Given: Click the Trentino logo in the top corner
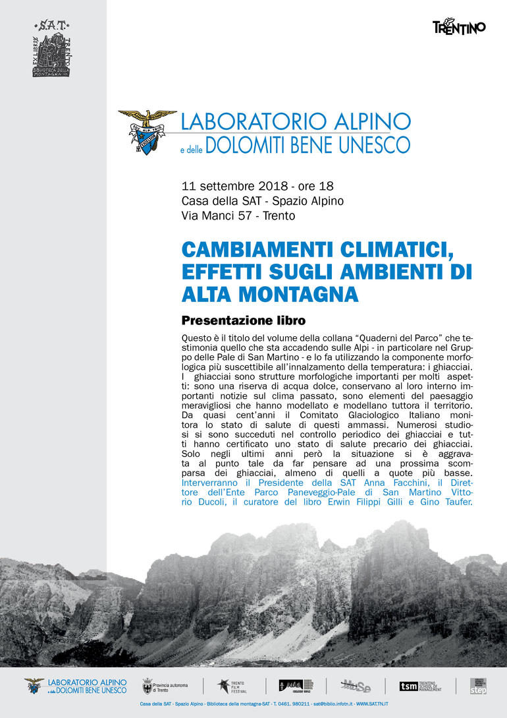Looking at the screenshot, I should (x=459, y=27).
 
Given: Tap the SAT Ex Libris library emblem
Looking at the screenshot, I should (x=52, y=49).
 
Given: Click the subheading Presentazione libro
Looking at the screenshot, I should (x=244, y=321).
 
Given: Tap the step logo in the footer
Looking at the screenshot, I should (x=479, y=686).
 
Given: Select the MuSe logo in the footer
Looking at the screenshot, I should (x=355, y=686).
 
